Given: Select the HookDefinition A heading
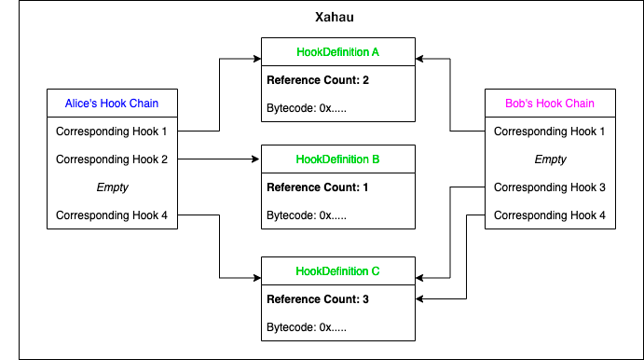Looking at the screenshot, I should pyautogui.click(x=337, y=52).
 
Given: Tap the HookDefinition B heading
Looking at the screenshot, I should pyautogui.click(x=337, y=159).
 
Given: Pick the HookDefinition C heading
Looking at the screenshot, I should pyautogui.click(x=337, y=271).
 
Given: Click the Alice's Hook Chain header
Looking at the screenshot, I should pyautogui.click(x=112, y=103).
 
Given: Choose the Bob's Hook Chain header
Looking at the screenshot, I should pyautogui.click(x=549, y=103).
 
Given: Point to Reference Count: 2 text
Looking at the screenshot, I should pyautogui.click(x=318, y=81).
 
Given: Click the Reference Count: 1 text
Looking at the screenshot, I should pyautogui.click(x=318, y=187).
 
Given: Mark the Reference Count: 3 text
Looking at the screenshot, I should pyautogui.click(x=318, y=299).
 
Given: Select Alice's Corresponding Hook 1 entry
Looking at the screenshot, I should pyautogui.click(x=112, y=132).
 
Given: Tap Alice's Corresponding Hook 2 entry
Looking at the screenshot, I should pyautogui.click(x=112, y=159).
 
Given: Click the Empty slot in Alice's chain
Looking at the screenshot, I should pyautogui.click(x=112, y=187).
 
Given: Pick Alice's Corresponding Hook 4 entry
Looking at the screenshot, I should pyautogui.click(x=112, y=215).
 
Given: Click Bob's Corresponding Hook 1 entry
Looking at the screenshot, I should pyautogui.click(x=549, y=132).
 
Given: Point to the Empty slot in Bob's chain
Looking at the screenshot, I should pyautogui.click(x=549, y=159).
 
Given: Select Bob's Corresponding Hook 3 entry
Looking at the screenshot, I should pyautogui.click(x=549, y=187).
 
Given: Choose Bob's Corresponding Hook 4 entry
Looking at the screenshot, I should pyautogui.click(x=549, y=215).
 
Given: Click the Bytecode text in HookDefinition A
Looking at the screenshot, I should pyautogui.click(x=307, y=109).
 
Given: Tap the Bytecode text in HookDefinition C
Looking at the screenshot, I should pyautogui.click(x=307, y=327).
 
